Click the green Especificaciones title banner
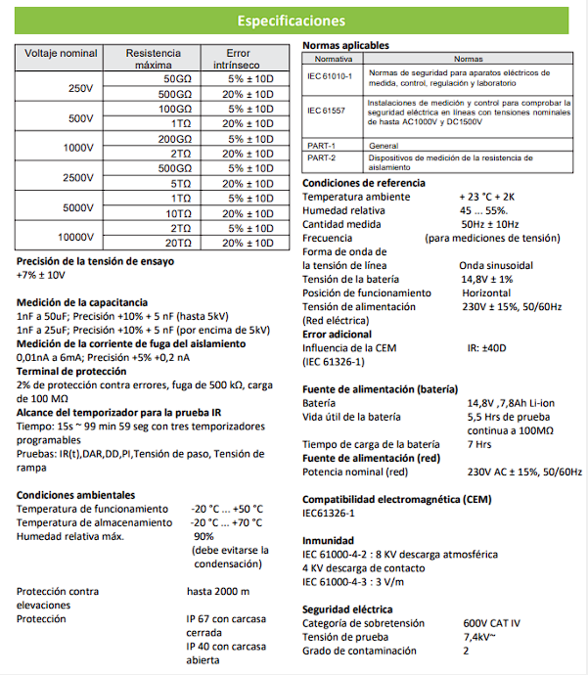293,21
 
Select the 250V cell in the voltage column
79,88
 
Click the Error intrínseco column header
239,58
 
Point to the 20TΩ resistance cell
178,243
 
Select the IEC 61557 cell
328,111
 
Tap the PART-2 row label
321,157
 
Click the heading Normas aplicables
345,46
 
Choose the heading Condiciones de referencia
363,183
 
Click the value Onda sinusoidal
496,265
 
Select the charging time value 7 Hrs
480,444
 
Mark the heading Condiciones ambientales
75,495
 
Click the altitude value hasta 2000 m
218,591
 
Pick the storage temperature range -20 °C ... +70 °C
226,522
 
